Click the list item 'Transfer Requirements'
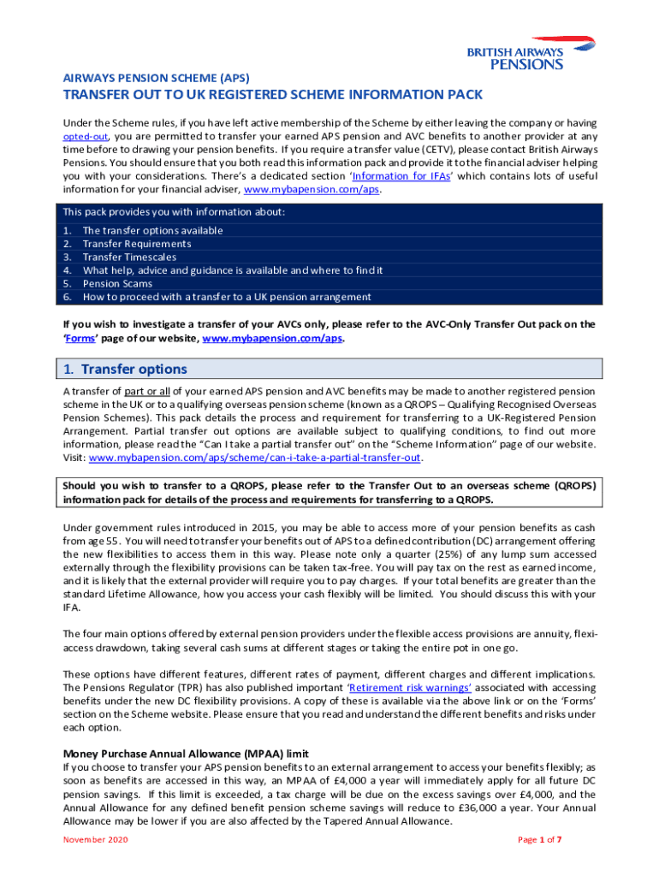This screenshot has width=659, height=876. pos(137,244)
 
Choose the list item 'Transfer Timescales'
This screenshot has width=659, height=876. pos(129,257)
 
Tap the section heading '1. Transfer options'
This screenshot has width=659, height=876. pos(126,370)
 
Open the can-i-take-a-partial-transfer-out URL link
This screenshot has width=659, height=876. pos(255,458)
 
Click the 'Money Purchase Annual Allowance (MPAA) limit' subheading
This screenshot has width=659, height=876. pos(186,755)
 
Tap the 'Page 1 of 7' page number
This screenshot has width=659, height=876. pos(540,839)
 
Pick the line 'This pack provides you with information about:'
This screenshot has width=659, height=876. pos(174,212)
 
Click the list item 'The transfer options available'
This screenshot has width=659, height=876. pos(152,230)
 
